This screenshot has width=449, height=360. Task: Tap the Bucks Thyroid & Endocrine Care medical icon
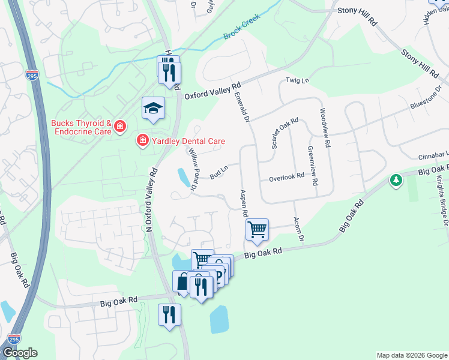[120, 126]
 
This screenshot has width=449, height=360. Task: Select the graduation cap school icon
[153, 109]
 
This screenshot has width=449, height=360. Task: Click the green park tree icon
[396, 179]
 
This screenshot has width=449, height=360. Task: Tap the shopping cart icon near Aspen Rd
[257, 229]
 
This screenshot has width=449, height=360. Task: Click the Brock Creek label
[241, 32]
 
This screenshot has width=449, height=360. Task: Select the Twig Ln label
[297, 80]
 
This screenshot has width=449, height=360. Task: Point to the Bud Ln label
[218, 173]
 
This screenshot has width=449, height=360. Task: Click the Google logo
[20, 353]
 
